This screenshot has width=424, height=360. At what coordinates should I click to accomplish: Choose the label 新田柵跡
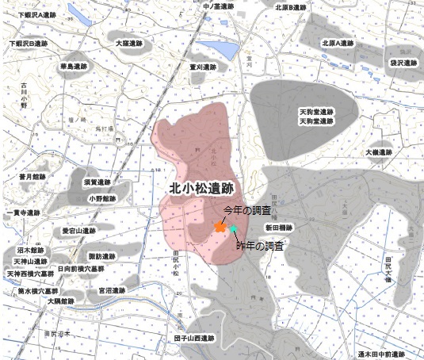[279, 228]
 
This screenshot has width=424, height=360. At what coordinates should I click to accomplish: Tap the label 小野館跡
[102, 198]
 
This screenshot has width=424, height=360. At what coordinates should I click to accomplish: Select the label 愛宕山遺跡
[78, 231]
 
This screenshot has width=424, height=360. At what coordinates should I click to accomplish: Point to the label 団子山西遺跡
[195, 338]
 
